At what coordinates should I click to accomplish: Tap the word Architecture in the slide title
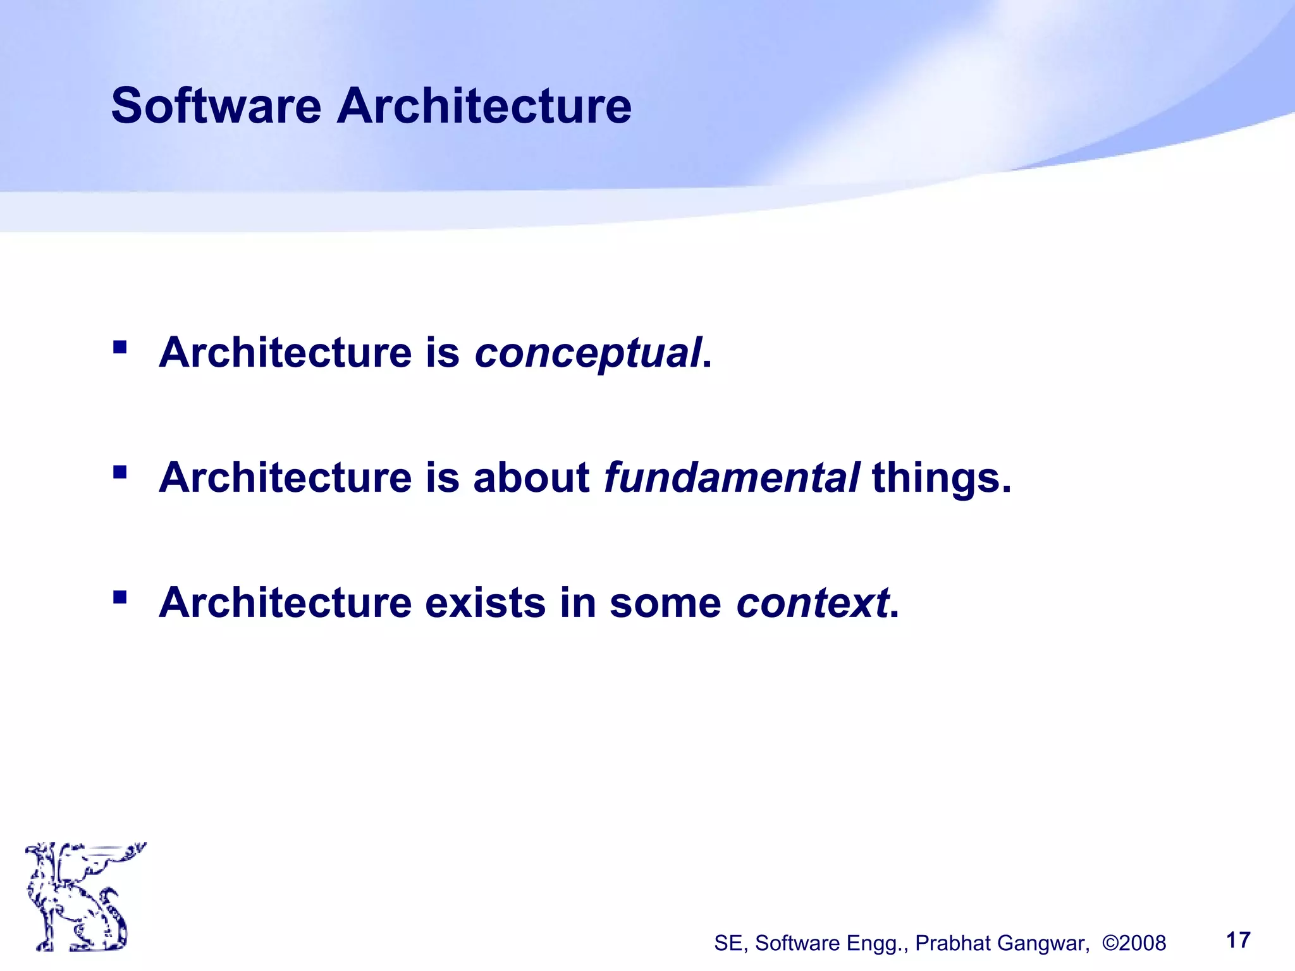coord(484,106)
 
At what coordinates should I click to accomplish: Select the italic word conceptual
coord(588,353)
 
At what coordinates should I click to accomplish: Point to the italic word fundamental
coord(732,477)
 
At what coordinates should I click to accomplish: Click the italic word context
coord(813,602)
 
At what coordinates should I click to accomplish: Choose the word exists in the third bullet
coord(485,602)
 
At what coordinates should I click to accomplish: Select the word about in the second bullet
coord(531,477)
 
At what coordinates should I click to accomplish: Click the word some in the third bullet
coord(665,602)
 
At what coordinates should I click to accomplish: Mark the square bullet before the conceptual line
coord(120,347)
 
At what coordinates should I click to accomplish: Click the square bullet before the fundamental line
coord(120,472)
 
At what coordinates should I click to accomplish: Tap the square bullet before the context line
coord(120,597)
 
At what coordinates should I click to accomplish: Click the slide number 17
coord(1238,940)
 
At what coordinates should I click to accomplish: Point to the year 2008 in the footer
coord(1143,943)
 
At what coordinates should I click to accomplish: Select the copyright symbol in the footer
coord(1110,943)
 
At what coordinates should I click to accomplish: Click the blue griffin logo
coord(82,896)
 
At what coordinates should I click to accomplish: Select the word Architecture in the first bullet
coord(285,353)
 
